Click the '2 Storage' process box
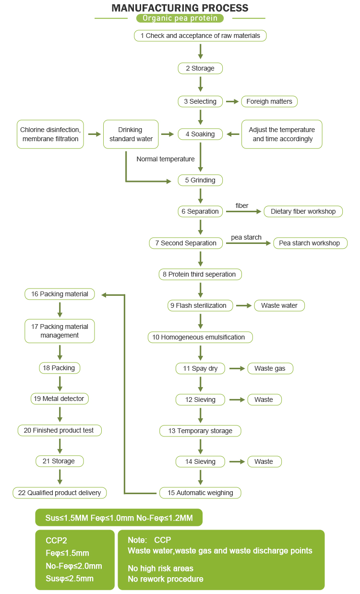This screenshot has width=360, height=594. pyautogui.click(x=200, y=68)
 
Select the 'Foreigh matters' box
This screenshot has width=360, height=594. pyautogui.click(x=269, y=102)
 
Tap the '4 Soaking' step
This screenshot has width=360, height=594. pyautogui.click(x=200, y=134)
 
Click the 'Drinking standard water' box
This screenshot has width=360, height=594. pyautogui.click(x=131, y=134)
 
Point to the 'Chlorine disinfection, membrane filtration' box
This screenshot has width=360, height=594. pyautogui.click(x=50, y=134)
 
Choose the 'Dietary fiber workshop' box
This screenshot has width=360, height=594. pyautogui.click(x=303, y=211)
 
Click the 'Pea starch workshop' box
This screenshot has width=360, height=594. pyautogui.click(x=310, y=243)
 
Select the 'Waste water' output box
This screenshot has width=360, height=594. pyautogui.click(x=279, y=305)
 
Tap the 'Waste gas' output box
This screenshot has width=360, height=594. pyautogui.click(x=270, y=368)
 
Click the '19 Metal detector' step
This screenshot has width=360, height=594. pyautogui.click(x=60, y=399)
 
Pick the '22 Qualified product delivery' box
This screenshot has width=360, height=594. pyautogui.click(x=60, y=493)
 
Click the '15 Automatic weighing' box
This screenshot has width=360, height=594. pyautogui.click(x=200, y=493)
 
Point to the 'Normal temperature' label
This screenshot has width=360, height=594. pyautogui.click(x=166, y=159)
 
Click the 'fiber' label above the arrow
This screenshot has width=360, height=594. pyautogui.click(x=242, y=206)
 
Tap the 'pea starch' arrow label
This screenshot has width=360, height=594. pyautogui.click(x=246, y=237)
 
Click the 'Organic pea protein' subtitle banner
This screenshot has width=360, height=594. pyautogui.click(x=180, y=18)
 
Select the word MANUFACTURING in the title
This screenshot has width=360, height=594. pyautogui.click(x=155, y=8)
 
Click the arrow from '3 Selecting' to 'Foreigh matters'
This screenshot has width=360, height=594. pyautogui.click(x=232, y=102)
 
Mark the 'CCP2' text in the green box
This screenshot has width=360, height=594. pyautogui.click(x=56, y=540)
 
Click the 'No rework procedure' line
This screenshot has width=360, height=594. pyautogui.click(x=166, y=579)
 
